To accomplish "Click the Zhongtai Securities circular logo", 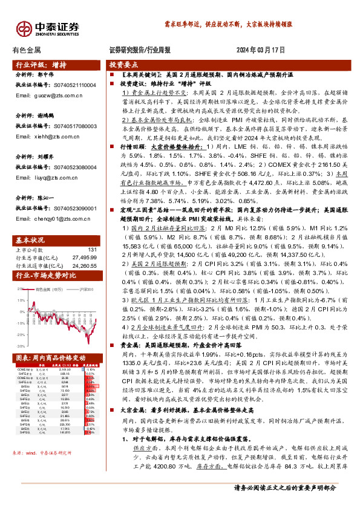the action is [24, 28].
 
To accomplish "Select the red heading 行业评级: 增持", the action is [41, 64].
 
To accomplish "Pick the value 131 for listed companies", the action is [92, 249].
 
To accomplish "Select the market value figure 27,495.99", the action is [84, 257].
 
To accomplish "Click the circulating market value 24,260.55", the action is [84, 265].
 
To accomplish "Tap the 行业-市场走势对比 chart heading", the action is [46, 276].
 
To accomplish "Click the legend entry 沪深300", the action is [68, 290].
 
